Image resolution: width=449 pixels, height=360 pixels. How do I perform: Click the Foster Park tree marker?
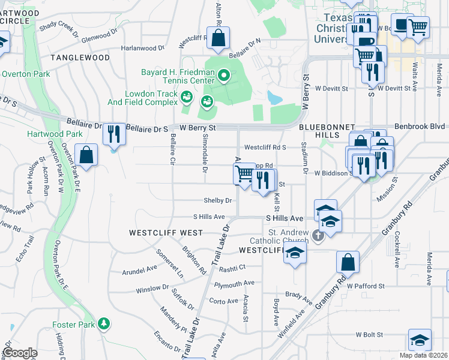[104, 323]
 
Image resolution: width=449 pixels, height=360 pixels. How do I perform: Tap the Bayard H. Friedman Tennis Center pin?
[224, 76]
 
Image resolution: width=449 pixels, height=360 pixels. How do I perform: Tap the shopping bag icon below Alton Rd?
[219, 37]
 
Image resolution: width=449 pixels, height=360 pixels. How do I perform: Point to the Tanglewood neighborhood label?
[80, 58]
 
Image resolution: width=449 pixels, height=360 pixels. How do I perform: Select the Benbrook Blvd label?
[420, 127]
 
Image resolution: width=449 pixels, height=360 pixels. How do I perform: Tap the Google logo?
[20, 353]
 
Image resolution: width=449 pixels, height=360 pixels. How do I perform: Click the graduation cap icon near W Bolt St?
[420, 340]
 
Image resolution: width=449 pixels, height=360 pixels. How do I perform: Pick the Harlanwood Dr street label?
[143, 47]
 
